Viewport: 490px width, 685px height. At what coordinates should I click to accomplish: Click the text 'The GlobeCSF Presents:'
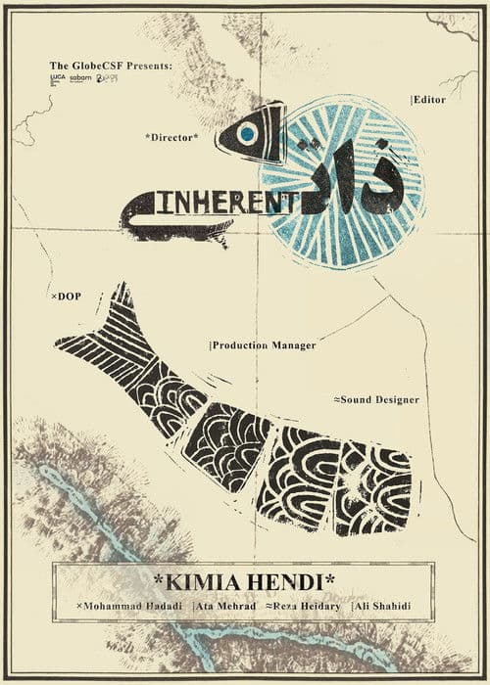[x=111, y=66]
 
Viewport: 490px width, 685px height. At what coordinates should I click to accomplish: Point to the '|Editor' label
[x=429, y=100]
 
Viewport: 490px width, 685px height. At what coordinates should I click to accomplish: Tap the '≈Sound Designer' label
[x=376, y=400]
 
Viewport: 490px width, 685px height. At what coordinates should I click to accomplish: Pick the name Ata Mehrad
[x=227, y=609]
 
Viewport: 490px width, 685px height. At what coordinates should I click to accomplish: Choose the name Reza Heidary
[x=305, y=609]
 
